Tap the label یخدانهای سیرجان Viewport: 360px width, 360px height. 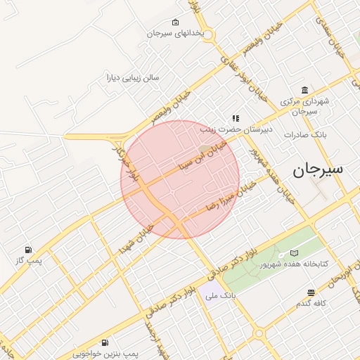click(x=175, y=33)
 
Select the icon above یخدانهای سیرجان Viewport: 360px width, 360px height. click(x=175, y=22)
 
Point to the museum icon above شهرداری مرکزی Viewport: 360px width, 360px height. click(x=304, y=90)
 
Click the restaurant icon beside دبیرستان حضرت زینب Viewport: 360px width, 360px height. click(x=236, y=119)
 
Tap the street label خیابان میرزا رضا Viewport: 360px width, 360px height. click(x=229, y=195)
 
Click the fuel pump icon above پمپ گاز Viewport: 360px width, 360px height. click(x=28, y=249)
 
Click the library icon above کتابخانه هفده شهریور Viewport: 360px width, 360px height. click(x=294, y=253)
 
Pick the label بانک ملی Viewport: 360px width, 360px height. click(x=219, y=296)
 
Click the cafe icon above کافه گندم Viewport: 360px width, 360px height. click(x=311, y=292)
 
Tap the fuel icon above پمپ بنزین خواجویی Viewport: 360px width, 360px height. click(x=105, y=342)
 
